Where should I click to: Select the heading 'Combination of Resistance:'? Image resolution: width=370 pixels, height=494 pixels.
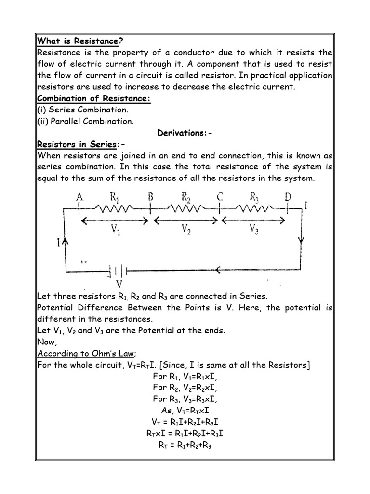[94, 98]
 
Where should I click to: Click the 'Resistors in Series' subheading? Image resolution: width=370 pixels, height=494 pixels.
[77, 145]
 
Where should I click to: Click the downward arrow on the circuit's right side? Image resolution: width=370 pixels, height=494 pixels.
[301, 240]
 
